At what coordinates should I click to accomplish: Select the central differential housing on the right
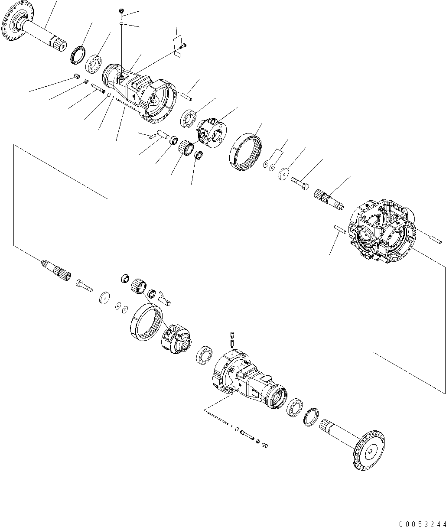pyautogui.click(x=381, y=234)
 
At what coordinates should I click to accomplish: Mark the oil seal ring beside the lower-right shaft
pyautogui.click(x=312, y=417)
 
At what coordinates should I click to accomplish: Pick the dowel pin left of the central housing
pyautogui.click(x=339, y=230)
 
